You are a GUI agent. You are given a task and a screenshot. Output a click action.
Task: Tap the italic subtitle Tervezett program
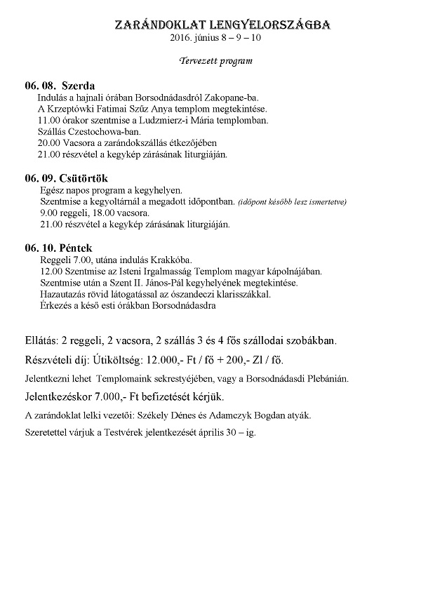(215, 60)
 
